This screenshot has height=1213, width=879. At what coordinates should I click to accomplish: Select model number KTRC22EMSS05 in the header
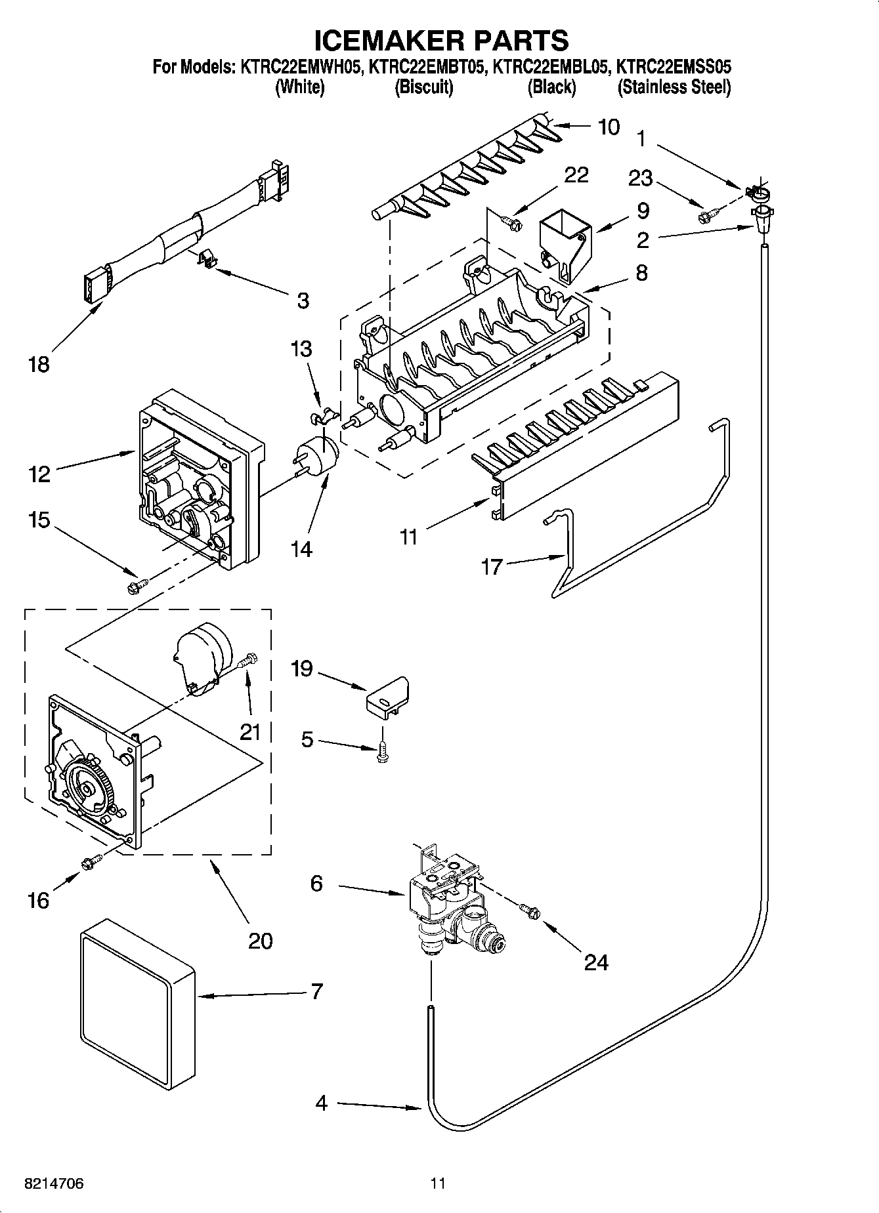674,66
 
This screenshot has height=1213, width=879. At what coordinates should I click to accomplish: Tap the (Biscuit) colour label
423,87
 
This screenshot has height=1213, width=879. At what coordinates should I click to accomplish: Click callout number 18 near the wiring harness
39,364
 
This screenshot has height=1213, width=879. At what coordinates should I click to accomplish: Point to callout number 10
609,127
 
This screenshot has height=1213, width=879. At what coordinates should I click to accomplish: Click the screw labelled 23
708,213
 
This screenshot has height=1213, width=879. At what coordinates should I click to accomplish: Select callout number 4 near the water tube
321,1104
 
